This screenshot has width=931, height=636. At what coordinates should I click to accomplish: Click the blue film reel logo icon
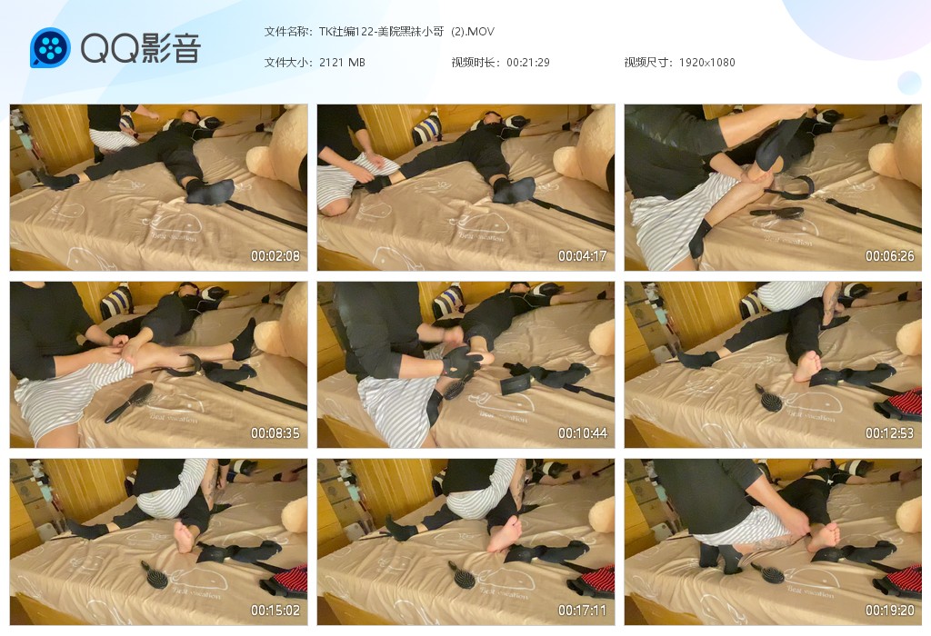point(51,47)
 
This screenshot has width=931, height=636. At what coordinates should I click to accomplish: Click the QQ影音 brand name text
point(141,48)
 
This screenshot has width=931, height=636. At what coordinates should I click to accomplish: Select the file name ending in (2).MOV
point(406,32)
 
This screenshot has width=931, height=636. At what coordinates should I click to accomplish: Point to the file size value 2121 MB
point(342,63)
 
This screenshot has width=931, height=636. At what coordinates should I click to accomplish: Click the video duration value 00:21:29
point(528,63)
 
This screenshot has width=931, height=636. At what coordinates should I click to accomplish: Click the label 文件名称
point(286,32)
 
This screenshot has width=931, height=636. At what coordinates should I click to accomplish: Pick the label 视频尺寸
point(646,63)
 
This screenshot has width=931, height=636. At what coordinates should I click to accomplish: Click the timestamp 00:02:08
point(275,256)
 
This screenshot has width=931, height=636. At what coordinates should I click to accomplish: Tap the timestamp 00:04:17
point(583,256)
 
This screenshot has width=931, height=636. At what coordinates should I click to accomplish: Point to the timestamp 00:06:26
point(889,256)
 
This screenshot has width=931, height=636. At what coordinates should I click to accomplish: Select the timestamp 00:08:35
point(275,433)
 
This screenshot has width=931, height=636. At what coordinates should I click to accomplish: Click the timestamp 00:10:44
point(583,433)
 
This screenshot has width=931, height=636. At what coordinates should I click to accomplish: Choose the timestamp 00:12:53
point(889,433)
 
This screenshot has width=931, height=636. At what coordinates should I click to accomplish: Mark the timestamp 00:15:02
point(275,610)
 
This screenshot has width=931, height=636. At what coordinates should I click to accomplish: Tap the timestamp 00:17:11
point(583,610)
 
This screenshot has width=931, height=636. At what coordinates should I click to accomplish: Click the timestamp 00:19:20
point(889,610)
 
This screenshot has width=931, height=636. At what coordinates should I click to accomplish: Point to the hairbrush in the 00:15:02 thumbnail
point(155,573)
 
